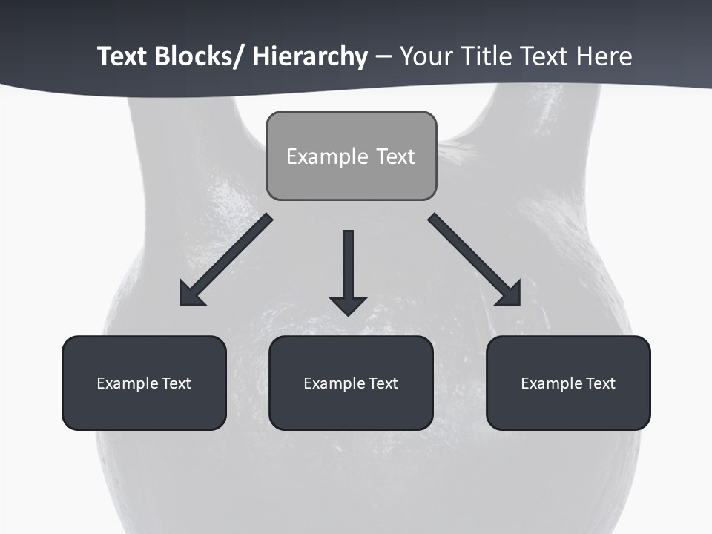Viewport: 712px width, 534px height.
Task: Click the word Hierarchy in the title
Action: (310, 57)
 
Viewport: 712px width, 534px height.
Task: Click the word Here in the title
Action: (602, 57)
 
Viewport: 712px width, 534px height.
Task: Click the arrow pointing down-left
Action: (225, 260)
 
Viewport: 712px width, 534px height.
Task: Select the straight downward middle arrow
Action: (348, 267)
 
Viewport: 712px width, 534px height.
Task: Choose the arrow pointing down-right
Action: (475, 260)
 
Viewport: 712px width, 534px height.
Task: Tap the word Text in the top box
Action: (395, 156)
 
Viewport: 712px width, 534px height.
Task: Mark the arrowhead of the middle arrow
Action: (348, 305)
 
